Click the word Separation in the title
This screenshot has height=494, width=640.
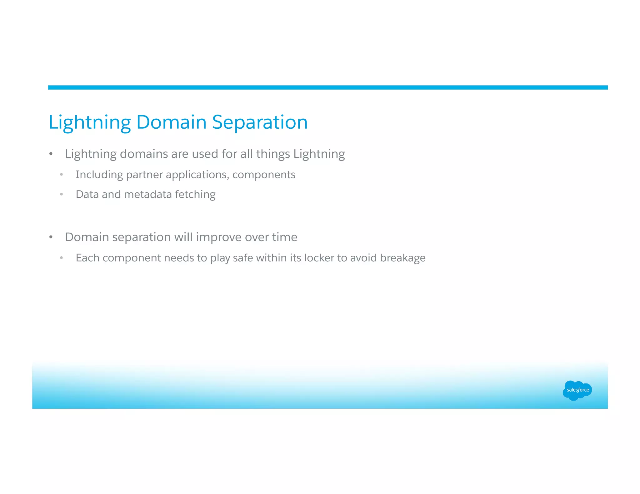pyautogui.click(x=260, y=122)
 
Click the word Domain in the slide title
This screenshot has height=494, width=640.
pyautogui.click(x=171, y=122)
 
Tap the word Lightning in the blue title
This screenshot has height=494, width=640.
pyautogui.click(x=90, y=122)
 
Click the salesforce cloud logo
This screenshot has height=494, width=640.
pyautogui.click(x=577, y=390)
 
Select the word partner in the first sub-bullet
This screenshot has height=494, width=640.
pyautogui.click(x=144, y=175)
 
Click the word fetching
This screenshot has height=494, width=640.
pyautogui.click(x=195, y=195)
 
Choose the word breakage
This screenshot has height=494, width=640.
pyautogui.click(x=402, y=258)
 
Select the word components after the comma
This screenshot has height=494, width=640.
pyautogui.click(x=264, y=175)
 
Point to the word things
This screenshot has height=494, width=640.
pyautogui.click(x=273, y=154)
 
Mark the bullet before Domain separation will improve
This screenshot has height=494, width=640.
pyautogui.click(x=51, y=237)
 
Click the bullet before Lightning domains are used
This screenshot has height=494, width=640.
pyautogui.click(x=51, y=154)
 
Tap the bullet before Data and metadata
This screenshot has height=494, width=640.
pyautogui.click(x=62, y=195)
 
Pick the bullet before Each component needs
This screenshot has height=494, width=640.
pyautogui.click(x=62, y=258)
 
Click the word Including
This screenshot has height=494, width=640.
pyautogui.click(x=99, y=175)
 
